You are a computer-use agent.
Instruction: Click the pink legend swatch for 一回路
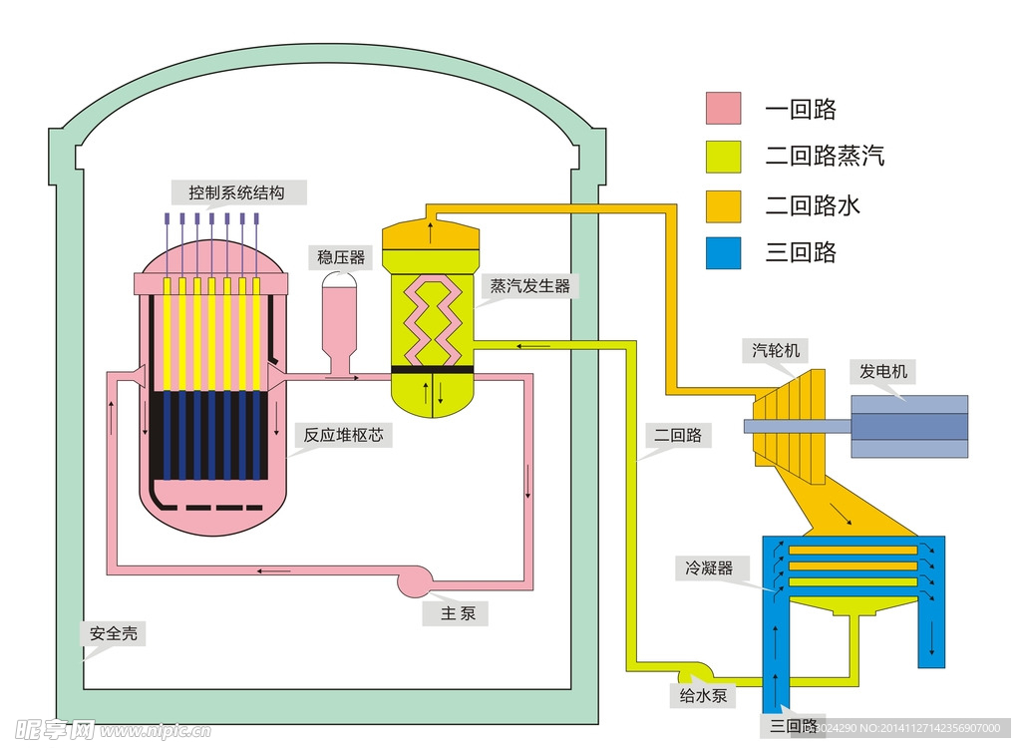click(723, 109)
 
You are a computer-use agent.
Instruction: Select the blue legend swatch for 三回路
click(723, 252)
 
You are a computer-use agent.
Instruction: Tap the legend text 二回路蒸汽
click(825, 156)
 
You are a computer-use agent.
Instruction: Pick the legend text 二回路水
click(813, 205)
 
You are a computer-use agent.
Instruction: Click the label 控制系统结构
click(236, 192)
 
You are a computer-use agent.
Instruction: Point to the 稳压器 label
click(341, 257)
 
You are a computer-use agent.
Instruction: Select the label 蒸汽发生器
click(529, 286)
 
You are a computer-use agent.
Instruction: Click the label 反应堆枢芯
click(343, 435)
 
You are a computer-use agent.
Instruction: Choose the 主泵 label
click(459, 613)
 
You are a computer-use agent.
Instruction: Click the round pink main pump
click(413, 578)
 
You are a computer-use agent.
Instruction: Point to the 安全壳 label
click(113, 633)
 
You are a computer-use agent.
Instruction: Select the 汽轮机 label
click(776, 349)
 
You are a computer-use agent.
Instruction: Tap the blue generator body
click(908, 427)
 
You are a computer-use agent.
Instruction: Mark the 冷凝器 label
click(708, 567)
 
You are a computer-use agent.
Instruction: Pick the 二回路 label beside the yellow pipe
click(677, 436)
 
